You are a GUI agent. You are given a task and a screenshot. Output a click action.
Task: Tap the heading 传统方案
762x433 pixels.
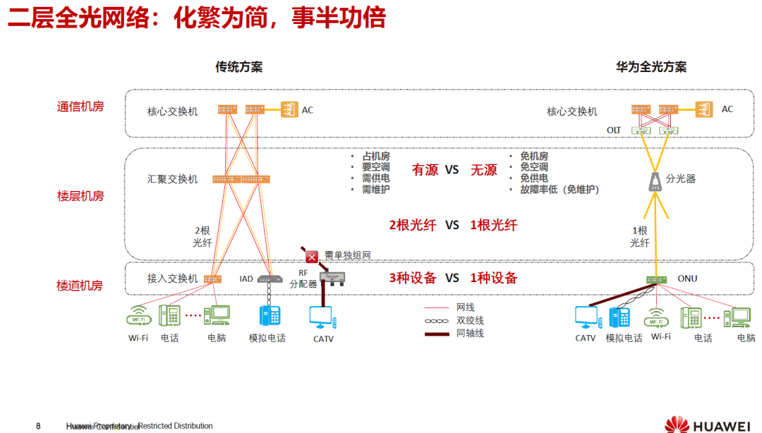pyautogui.click(x=238, y=67)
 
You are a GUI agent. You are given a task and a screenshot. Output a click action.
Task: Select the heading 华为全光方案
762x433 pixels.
pyautogui.click(x=651, y=67)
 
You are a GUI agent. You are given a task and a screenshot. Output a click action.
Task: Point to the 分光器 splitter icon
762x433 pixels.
pyautogui.click(x=655, y=182)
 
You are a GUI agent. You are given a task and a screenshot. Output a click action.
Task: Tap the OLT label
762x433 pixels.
pyautogui.click(x=614, y=130)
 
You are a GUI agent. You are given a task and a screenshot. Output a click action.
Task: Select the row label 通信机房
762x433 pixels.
pyautogui.click(x=80, y=107)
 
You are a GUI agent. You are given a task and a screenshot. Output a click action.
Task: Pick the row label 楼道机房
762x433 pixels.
pyautogui.click(x=80, y=286)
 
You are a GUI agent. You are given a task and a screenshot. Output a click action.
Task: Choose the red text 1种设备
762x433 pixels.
pyautogui.click(x=493, y=278)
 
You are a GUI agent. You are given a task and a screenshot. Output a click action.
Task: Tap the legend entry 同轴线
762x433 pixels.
pyautogui.click(x=470, y=333)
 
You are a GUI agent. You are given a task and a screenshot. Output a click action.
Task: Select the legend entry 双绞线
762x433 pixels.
pyautogui.click(x=470, y=320)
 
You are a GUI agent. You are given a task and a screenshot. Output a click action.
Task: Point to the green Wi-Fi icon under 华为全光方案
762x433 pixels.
pyautogui.click(x=657, y=317)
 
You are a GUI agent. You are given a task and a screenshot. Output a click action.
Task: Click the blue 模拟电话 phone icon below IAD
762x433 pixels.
pyautogui.click(x=270, y=315)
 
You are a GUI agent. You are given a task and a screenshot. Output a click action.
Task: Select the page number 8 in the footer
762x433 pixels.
pyautogui.click(x=38, y=426)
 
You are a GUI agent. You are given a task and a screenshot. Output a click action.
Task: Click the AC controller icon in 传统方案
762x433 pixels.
pyautogui.click(x=290, y=110)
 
